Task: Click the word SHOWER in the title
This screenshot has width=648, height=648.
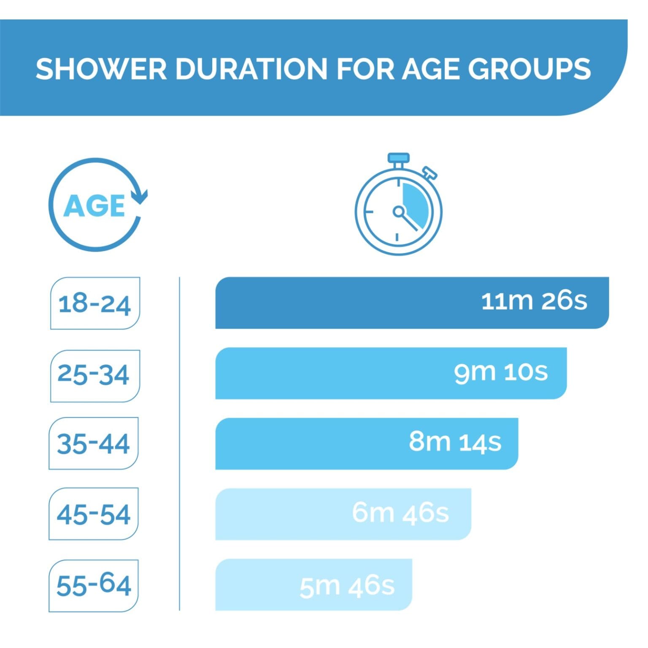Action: point(101,68)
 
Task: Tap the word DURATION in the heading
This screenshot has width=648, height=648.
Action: point(251,68)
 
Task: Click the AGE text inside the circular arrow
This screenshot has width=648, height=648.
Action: point(94,206)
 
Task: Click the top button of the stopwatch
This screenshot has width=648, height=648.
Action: point(398,158)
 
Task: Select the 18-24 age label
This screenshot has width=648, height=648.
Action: point(95,303)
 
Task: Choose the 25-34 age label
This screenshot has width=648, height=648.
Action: point(94,375)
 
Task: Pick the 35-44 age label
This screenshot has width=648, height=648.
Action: point(93,443)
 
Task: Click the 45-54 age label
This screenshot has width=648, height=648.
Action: point(94,514)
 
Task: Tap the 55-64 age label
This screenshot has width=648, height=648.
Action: point(94,585)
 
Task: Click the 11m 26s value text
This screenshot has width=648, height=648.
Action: point(534,301)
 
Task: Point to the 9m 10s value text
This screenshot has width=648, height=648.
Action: point(501,372)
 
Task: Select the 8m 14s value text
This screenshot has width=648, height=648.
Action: point(455,442)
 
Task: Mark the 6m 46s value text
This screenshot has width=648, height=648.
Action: point(400,513)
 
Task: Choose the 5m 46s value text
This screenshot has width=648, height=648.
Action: point(347,586)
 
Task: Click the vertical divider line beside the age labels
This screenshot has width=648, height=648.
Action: point(179,443)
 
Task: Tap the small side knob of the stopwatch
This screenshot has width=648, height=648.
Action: point(430,172)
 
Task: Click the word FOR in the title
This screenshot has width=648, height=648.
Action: point(365,68)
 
